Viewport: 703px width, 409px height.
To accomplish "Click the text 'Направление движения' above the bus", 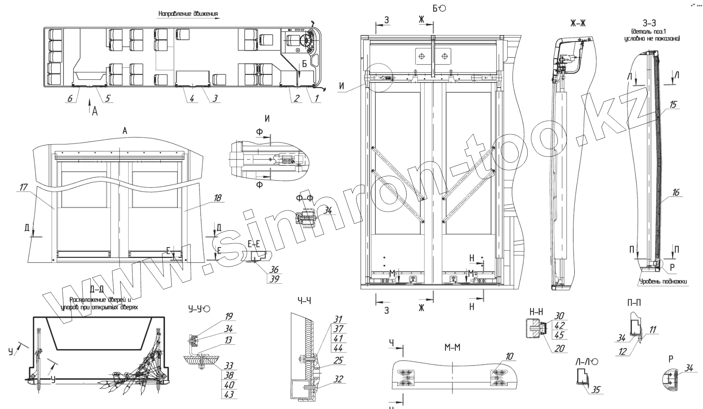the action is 188,14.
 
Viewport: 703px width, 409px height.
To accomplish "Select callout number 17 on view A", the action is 23,187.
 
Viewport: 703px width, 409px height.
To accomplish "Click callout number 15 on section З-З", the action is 673,105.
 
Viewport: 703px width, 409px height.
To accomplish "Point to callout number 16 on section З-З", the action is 675,193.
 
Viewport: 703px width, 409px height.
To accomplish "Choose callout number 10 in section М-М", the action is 510,356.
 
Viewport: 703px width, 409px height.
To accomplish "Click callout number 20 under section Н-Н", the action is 559,348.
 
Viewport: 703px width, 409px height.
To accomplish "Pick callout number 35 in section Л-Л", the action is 596,390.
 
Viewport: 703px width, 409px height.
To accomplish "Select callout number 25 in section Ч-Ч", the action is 338,361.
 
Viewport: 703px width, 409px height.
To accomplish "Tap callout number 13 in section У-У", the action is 229,340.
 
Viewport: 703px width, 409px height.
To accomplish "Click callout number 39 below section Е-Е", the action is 275,279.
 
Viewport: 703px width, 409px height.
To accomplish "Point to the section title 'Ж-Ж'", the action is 578,24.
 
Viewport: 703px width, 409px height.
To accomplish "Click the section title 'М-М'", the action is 452,348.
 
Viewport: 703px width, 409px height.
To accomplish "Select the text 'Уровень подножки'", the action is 663,282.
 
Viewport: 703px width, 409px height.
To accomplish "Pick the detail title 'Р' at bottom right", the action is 671,359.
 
